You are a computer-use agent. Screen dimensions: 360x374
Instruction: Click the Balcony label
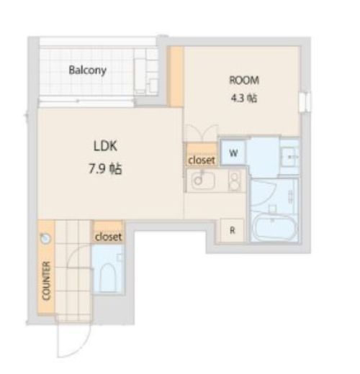tap(88, 70)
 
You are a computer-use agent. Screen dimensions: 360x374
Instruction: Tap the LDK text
tap(105, 146)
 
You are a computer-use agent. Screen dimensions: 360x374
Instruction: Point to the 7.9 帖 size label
tap(105, 169)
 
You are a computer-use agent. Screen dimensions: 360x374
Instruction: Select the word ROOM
tap(244, 80)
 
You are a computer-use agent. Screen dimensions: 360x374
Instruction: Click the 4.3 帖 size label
tap(244, 98)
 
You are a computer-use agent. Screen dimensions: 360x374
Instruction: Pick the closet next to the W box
tap(202, 155)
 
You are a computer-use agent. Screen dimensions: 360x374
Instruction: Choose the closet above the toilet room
tap(108, 232)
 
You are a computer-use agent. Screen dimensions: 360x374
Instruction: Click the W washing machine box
tap(233, 152)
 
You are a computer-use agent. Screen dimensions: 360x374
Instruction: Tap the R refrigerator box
tap(232, 230)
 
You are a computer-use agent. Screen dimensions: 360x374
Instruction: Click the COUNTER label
tap(46, 280)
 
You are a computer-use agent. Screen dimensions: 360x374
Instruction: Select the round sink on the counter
tap(45, 238)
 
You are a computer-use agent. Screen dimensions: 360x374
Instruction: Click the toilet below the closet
tap(108, 278)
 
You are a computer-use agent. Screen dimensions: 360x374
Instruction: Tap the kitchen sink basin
tap(203, 181)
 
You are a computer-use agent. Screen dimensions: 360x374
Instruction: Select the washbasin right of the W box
tap(289, 157)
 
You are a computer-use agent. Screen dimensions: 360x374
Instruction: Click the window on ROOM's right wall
tap(305, 101)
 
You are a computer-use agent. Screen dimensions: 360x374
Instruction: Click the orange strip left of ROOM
tap(176, 77)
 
